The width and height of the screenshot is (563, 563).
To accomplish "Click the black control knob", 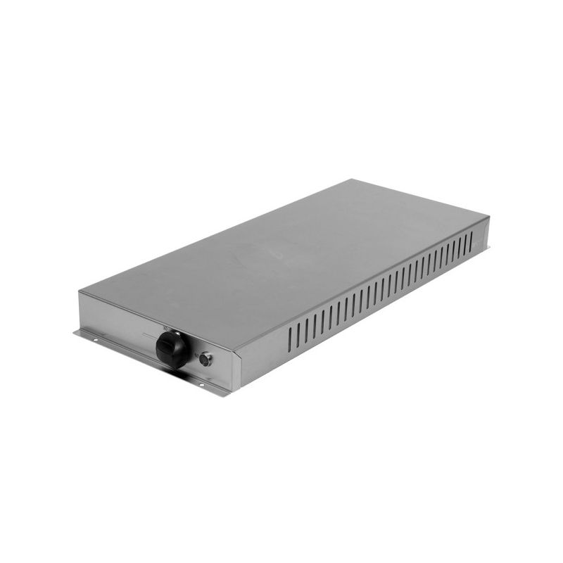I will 172,348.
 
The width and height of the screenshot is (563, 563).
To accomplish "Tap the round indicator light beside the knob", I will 205,360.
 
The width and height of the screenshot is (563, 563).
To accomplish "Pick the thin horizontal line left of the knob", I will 147,337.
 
